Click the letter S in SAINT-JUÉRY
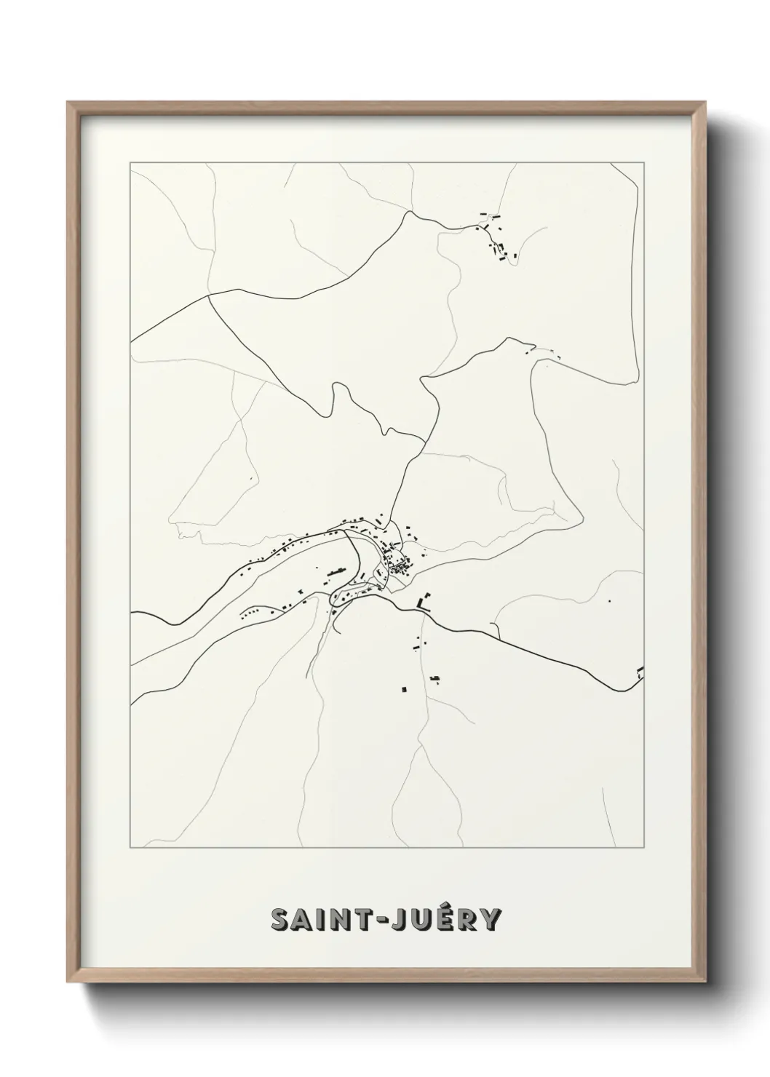281,919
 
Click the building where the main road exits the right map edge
640,671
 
